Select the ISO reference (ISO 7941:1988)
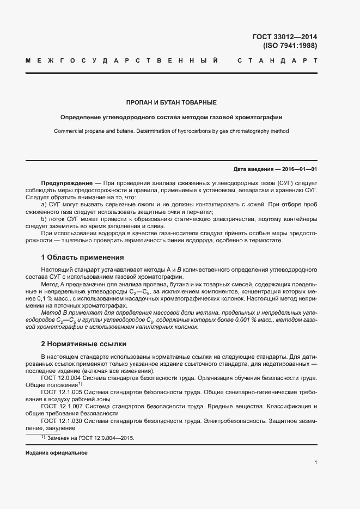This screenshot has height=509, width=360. [x=290, y=46]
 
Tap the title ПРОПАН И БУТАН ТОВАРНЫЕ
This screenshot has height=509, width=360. [x=172, y=102]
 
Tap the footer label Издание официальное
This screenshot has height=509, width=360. [x=57, y=453]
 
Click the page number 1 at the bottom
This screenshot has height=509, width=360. [x=315, y=463]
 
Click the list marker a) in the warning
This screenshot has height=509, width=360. [x=44, y=204]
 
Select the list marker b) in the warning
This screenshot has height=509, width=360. [x=44, y=219]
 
